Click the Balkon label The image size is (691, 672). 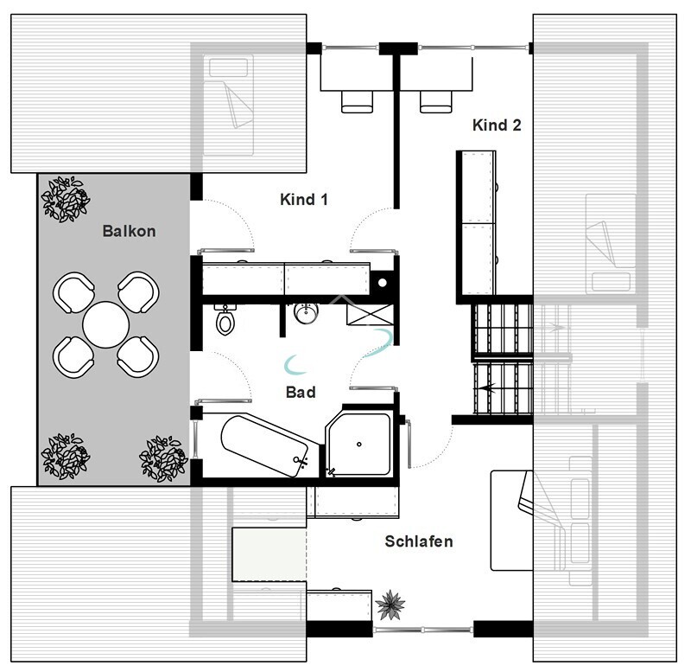(x=129, y=232)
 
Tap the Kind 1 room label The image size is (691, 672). (x=304, y=200)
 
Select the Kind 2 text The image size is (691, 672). (x=497, y=125)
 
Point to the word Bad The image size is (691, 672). (x=301, y=392)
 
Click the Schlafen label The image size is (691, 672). (x=419, y=541)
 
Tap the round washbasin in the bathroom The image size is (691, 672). (x=306, y=314)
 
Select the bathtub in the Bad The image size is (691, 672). (x=264, y=445)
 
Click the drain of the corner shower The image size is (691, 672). (x=360, y=445)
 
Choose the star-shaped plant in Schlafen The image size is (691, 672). (x=391, y=604)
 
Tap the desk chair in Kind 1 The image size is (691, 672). (x=354, y=100)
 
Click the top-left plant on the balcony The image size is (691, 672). (x=66, y=198)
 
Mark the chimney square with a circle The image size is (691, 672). (x=384, y=281)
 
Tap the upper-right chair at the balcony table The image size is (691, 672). (x=138, y=293)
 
